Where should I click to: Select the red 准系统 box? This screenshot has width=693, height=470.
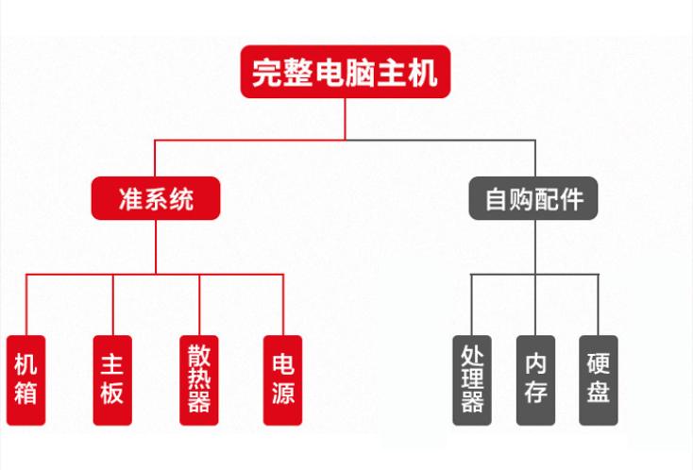(x=156, y=198)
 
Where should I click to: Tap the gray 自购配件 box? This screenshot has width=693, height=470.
(x=533, y=198)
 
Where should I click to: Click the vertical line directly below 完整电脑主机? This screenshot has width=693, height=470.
(x=345, y=118)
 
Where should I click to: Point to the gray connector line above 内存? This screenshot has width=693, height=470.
(x=535, y=302)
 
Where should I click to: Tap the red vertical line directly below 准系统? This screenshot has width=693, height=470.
(x=156, y=245)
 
